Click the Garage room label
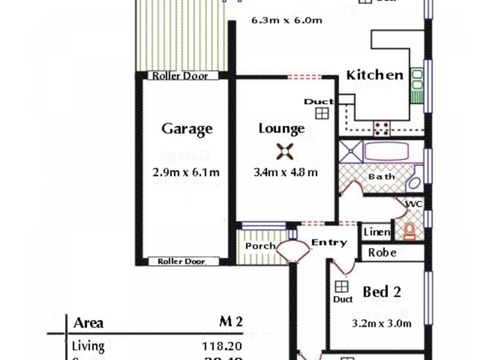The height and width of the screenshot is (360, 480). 187,129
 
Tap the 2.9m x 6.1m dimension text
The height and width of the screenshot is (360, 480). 186,172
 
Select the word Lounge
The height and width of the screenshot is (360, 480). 281,128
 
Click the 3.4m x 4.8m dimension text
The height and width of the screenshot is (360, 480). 286,172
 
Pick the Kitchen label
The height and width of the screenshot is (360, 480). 375,75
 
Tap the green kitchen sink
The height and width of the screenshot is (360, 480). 416,86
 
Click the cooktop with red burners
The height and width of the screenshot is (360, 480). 382,127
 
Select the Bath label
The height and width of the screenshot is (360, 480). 382,176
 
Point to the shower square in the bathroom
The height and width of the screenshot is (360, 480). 351,152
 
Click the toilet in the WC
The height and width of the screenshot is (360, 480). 410,231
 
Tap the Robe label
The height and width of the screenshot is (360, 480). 382,253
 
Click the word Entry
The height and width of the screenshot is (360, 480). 329,242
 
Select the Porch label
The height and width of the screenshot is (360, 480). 260,246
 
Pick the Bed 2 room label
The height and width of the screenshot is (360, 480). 382,292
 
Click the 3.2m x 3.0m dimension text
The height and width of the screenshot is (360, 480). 382,324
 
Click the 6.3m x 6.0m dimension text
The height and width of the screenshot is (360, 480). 287,20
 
